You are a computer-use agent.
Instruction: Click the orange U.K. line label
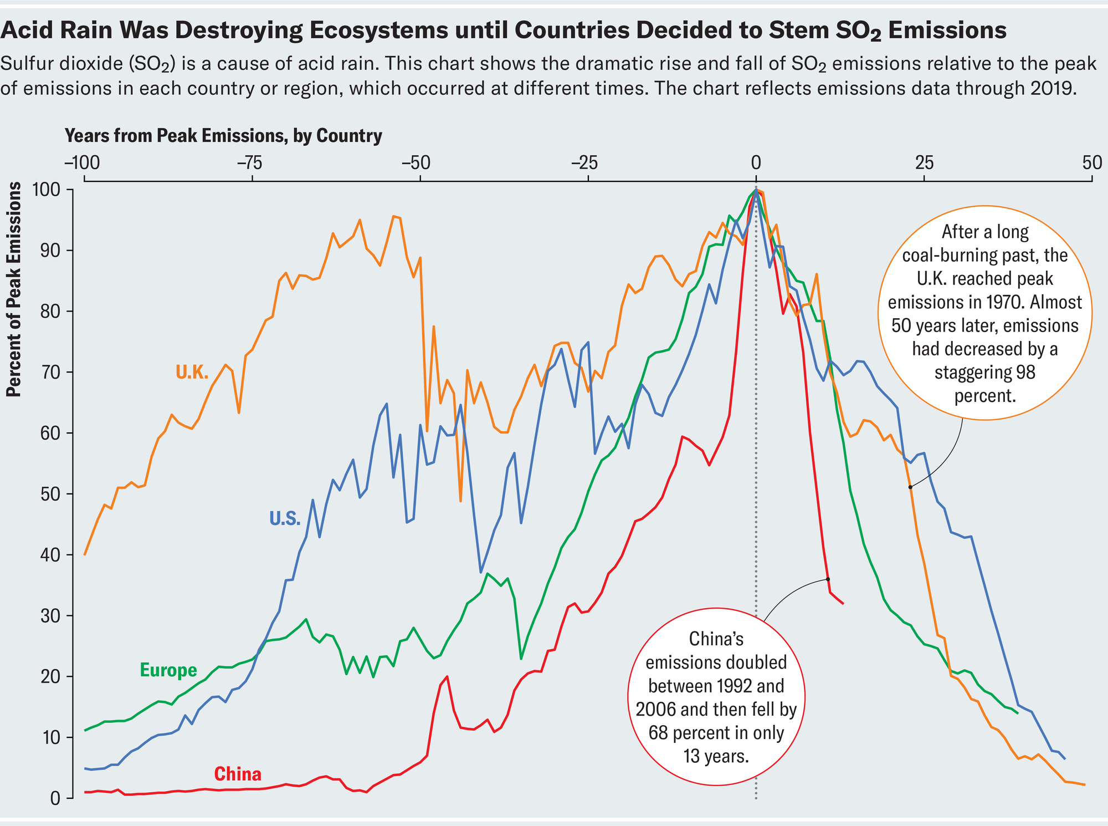pos(192,373)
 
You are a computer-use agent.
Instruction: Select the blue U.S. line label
pos(285,518)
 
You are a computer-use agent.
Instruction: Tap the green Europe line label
pos(168,670)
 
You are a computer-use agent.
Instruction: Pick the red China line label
pos(238,774)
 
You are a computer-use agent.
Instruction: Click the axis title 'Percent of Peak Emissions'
pos(13,289)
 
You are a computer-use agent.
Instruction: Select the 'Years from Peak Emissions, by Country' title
pos(223,136)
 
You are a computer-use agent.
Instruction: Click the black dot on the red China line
pos(828,579)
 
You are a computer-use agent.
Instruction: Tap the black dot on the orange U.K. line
pos(910,487)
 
